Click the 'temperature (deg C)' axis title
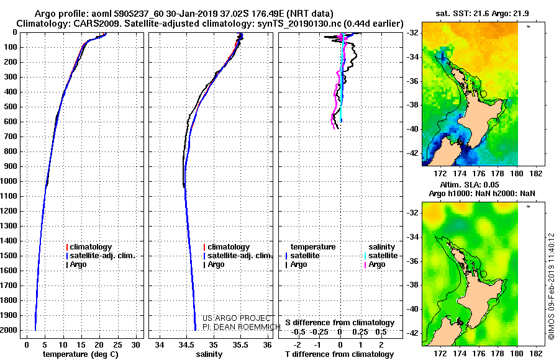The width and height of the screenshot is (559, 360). tap(81, 354)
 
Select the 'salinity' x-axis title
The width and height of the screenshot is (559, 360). tap(209, 354)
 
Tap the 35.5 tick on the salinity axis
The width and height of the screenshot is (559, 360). tap(240, 345)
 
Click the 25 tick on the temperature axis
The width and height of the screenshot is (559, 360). tap(117, 345)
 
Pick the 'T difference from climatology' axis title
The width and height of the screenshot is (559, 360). tap(339, 354)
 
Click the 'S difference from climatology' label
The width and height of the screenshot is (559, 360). tap(340, 323)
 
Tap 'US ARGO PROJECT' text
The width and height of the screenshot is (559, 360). tap(237, 318)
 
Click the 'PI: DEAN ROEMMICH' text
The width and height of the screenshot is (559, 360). tap(242, 327)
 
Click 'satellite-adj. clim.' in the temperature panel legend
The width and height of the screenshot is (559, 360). tap(101, 256)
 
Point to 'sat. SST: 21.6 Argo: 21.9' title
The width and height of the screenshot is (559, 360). tap(483, 14)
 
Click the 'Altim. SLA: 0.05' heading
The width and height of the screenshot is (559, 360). tap(470, 184)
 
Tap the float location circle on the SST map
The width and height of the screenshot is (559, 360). tap(484, 94)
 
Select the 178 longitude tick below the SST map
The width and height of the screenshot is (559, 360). tap(498, 174)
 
